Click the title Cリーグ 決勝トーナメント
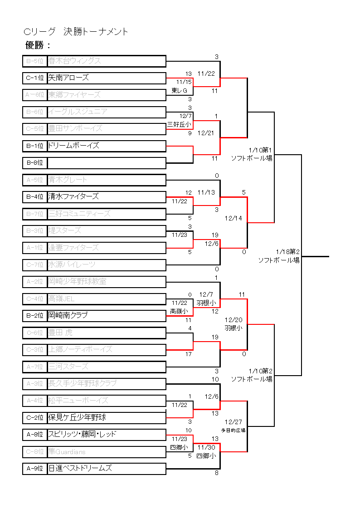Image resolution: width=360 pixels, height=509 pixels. [76, 32]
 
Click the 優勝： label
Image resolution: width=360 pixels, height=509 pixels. [38, 45]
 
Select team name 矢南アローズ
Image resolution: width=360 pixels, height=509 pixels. [68, 78]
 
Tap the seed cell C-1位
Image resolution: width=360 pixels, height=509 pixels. [35, 78]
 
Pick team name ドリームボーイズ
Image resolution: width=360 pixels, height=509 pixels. [73, 146]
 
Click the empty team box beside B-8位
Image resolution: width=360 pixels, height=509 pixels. [106, 162]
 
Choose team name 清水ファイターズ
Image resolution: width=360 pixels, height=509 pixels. [73, 196]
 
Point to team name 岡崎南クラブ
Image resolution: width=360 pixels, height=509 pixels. [68, 315]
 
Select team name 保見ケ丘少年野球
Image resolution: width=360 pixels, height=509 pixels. [77, 417]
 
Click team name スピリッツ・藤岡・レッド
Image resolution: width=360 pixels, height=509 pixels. [82, 434]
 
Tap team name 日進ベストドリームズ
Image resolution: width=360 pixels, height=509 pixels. [80, 468]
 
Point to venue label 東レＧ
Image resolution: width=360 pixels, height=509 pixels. [180, 91]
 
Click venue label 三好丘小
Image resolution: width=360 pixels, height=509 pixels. [179, 124]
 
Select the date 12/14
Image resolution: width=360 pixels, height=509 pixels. [234, 218]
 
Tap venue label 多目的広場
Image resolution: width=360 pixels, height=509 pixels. [234, 430]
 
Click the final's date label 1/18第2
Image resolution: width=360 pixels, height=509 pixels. [288, 251]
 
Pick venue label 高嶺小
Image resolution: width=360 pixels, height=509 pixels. [179, 311]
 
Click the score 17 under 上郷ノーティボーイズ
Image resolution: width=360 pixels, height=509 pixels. [189, 354]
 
